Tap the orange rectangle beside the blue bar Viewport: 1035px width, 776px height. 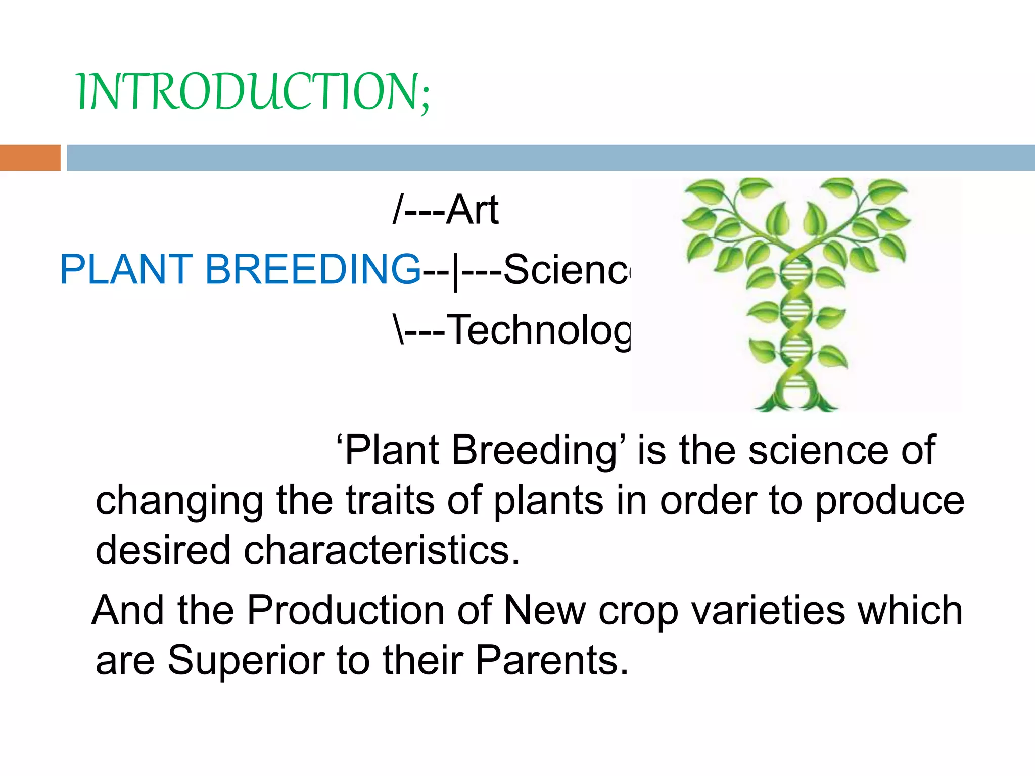pyautogui.click(x=30, y=158)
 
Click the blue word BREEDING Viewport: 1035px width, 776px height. pyautogui.click(x=312, y=269)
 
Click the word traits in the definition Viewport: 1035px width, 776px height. pyautogui.click(x=390, y=501)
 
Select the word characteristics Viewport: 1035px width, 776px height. pyautogui.click(x=382, y=550)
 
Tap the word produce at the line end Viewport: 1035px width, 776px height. pyautogui.click(x=890, y=501)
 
